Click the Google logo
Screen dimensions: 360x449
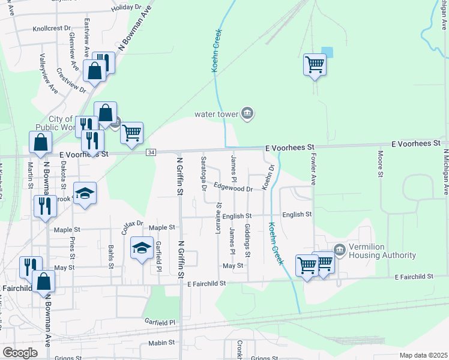19,353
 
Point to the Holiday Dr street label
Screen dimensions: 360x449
125,7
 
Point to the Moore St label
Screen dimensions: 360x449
380,164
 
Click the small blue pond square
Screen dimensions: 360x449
327,52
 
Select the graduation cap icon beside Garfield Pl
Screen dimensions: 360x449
142,248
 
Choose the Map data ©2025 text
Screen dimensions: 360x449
423,355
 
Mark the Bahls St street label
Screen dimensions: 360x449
111,256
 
